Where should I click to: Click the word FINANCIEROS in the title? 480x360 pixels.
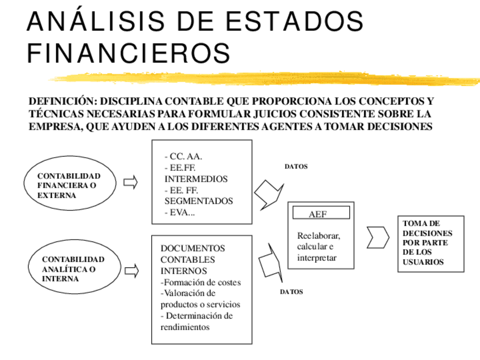coord(128,53)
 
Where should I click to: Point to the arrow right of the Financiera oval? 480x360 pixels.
coord(130,182)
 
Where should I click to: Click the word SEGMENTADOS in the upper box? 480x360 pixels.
coord(199,201)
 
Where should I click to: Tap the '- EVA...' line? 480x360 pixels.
coord(179,212)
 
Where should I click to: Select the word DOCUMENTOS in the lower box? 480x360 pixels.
coord(192,248)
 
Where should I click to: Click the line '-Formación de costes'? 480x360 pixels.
coord(201,282)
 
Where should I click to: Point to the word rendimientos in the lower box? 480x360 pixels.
coord(185,327)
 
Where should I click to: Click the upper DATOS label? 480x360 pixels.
coord(295,167)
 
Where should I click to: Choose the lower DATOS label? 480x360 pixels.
coord(292,292)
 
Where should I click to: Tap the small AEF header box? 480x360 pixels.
coord(321,214)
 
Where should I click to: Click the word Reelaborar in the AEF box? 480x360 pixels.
coord(318,235)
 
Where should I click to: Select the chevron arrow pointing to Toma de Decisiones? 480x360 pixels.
coord(378,237)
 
